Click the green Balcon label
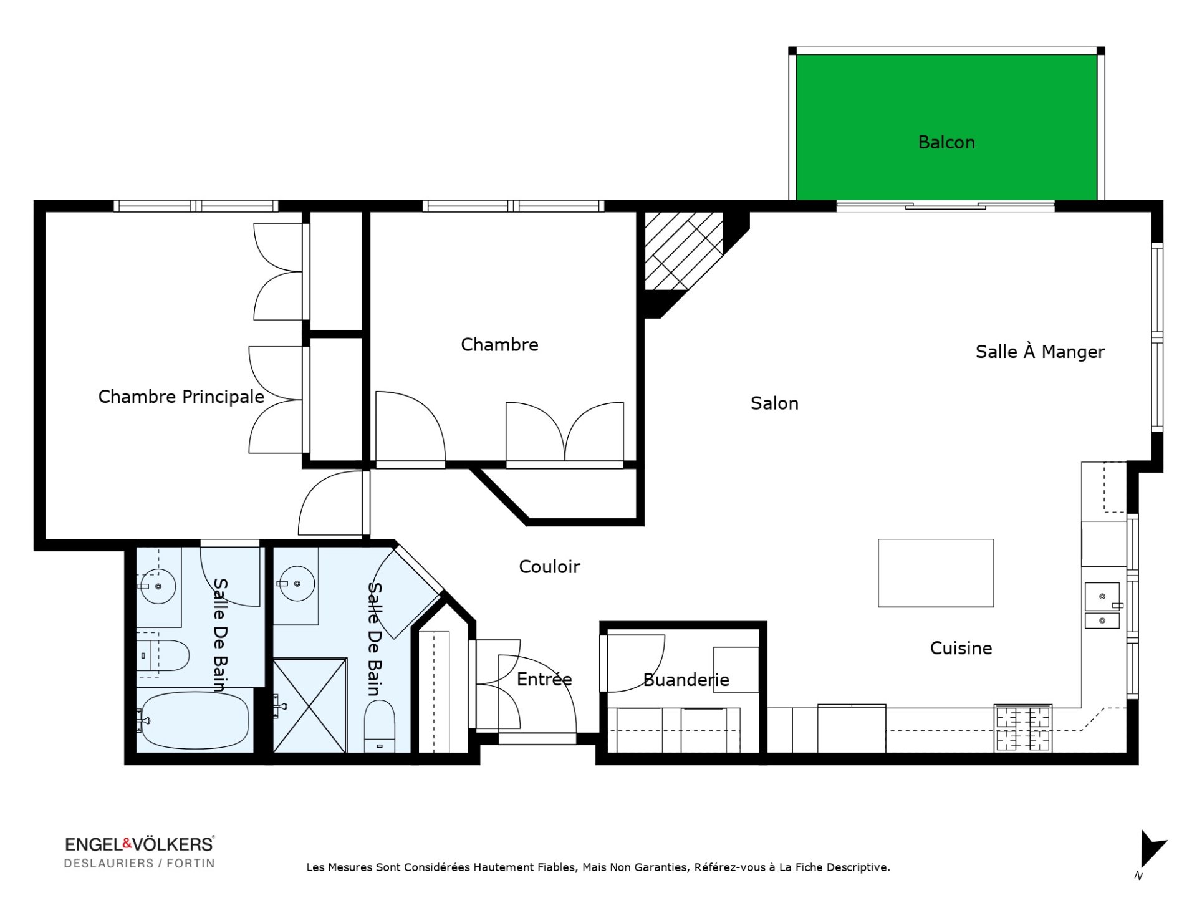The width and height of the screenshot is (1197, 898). [x=946, y=142]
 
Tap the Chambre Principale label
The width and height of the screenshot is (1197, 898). [x=181, y=397]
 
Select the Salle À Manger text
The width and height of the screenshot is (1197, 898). [x=1040, y=352]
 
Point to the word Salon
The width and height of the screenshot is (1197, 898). [x=774, y=403]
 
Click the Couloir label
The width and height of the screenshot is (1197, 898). [x=549, y=567]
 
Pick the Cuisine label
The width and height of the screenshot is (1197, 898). [x=961, y=649]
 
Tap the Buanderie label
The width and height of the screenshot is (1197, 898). [x=686, y=680]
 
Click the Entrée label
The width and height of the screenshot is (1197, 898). [x=544, y=679]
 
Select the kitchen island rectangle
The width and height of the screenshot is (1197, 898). [x=936, y=573]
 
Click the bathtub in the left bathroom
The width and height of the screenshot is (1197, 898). [x=195, y=721]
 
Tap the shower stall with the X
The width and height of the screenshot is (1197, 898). [x=310, y=705]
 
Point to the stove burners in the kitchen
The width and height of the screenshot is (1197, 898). [x=1023, y=728]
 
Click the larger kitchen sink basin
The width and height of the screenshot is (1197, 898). [x=1102, y=596]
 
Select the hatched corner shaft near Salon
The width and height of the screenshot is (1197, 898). [x=684, y=251]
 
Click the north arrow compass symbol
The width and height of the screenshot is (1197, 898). [x=1151, y=852]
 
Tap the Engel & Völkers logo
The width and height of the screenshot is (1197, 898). [x=140, y=852]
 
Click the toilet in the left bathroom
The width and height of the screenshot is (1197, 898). [x=163, y=655]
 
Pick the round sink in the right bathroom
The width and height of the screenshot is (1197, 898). [x=297, y=584]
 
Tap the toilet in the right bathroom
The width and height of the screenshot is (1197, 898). [x=380, y=726]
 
